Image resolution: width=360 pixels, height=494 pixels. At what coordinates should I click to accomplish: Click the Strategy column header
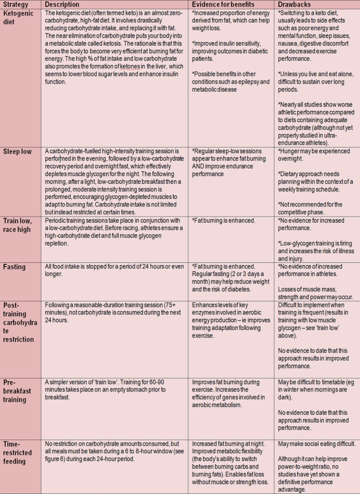point(15,4)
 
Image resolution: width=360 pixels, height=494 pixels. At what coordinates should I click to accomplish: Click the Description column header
point(62,4)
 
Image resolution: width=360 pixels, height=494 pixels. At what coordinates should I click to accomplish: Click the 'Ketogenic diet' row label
point(18,17)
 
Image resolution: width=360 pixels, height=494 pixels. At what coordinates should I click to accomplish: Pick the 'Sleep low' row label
point(18,151)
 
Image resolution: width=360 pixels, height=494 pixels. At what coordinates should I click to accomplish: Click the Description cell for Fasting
point(113,271)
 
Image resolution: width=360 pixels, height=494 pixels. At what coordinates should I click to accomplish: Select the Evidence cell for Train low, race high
point(223,220)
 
